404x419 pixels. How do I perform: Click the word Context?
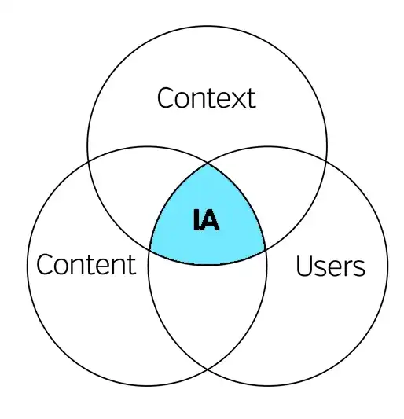[x=206, y=98]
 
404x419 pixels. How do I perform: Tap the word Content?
[x=86, y=264]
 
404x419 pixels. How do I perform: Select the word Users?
[x=331, y=266]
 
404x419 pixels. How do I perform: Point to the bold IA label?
[x=206, y=220]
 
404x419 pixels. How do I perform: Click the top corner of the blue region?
[x=208, y=164]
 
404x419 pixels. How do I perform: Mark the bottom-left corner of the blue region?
[x=150, y=250]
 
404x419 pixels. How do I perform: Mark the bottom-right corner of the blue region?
[x=265, y=250]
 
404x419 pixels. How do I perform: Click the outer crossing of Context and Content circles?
[x=88, y=161]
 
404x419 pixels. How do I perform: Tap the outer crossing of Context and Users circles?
[x=326, y=160]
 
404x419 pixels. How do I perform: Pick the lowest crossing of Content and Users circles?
[x=208, y=369]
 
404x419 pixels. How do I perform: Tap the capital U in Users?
[x=304, y=266]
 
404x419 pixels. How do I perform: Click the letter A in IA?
[x=210, y=220]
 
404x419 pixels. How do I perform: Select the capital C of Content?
[x=45, y=265]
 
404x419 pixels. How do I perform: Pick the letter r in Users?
[x=348, y=268]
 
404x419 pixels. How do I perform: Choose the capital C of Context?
[x=166, y=98]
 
